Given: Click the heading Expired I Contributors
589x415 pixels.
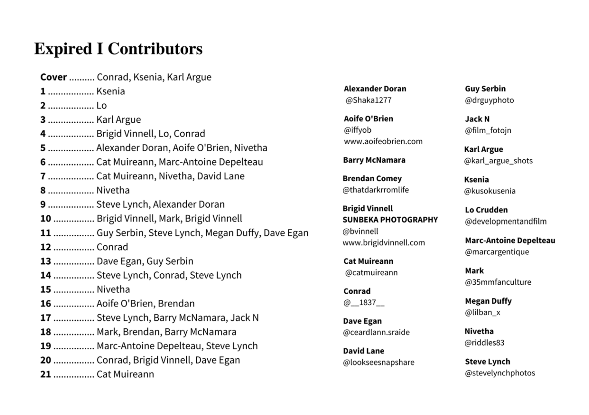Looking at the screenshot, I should tap(118, 49).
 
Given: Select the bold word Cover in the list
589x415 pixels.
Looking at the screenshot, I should tap(53, 77).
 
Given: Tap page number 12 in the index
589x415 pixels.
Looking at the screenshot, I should tap(46, 247).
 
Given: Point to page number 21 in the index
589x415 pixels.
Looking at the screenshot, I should tap(46, 374).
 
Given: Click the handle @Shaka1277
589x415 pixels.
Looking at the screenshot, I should tap(368, 100).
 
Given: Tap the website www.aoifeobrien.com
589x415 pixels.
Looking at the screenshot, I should tap(383, 141).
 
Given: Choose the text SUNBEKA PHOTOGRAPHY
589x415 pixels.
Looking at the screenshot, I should tap(390, 220).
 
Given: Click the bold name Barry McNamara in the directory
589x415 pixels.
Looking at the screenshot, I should tap(374, 160).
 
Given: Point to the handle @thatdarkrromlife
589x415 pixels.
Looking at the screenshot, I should tap(376, 190).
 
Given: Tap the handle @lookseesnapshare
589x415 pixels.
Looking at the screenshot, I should tap(379, 362).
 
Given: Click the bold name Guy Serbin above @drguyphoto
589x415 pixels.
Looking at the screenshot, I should tap(485, 89).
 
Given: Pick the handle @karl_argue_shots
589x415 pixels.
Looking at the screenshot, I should tap(498, 161).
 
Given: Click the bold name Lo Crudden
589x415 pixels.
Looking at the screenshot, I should tap(486, 210).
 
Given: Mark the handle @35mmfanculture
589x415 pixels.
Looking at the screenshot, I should tap(498, 282).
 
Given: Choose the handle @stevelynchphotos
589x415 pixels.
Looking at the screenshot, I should tap(500, 373).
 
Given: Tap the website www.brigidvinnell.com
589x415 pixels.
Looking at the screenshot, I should tap(384, 243).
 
